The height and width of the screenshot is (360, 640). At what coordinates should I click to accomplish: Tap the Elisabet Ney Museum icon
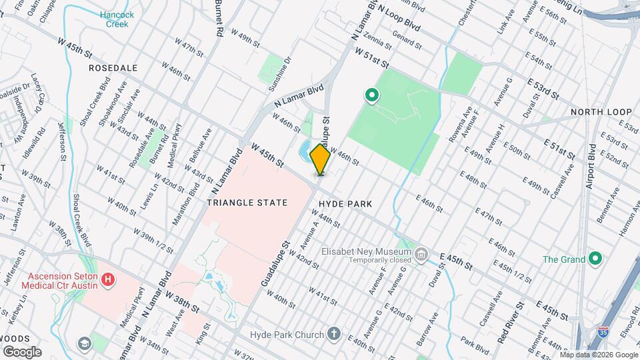[421, 254]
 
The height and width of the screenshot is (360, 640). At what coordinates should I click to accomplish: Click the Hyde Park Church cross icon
[334, 334]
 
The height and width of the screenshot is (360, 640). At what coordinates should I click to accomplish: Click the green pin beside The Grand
[596, 259]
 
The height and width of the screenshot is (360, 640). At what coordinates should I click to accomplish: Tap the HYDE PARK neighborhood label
[345, 203]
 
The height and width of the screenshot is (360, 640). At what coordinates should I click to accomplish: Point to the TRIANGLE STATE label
[247, 203]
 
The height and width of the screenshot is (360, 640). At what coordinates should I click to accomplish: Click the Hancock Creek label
[117, 19]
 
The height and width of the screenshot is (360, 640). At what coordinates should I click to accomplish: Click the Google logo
[21, 351]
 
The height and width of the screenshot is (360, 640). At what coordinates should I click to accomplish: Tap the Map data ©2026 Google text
[599, 355]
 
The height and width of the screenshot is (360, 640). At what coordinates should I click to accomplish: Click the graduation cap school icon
[85, 344]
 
